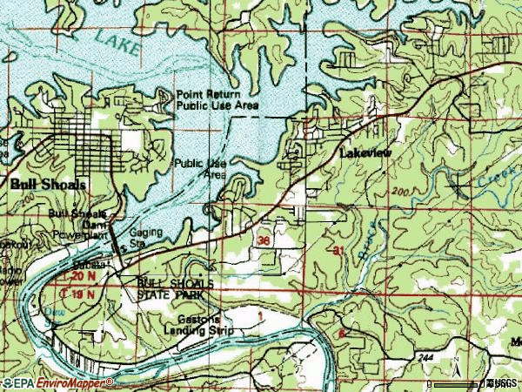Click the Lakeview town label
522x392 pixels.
pos(365,152)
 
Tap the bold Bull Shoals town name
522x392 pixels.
pos(49,185)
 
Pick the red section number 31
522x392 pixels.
pos(338,251)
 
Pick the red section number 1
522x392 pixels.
pos(258,315)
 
